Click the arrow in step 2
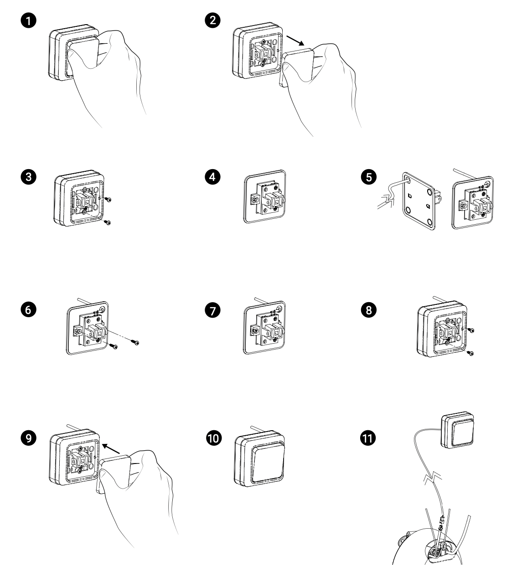[295, 40]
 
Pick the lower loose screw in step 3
[108, 222]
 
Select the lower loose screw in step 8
[470, 353]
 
